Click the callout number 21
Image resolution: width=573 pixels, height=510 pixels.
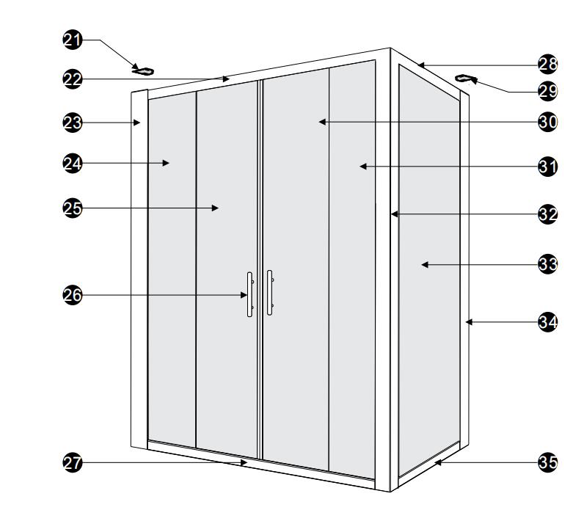tap(73, 40)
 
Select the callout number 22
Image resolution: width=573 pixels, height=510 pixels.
tap(73, 79)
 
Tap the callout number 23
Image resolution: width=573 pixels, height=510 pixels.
tap(73, 123)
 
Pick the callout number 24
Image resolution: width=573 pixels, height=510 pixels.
tap(73, 164)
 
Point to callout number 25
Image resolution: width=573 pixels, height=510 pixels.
tap(73, 208)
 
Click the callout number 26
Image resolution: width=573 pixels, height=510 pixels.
tap(73, 296)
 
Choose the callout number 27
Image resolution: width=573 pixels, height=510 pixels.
tap(73, 463)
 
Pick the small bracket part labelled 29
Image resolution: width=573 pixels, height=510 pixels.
tap(466, 79)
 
